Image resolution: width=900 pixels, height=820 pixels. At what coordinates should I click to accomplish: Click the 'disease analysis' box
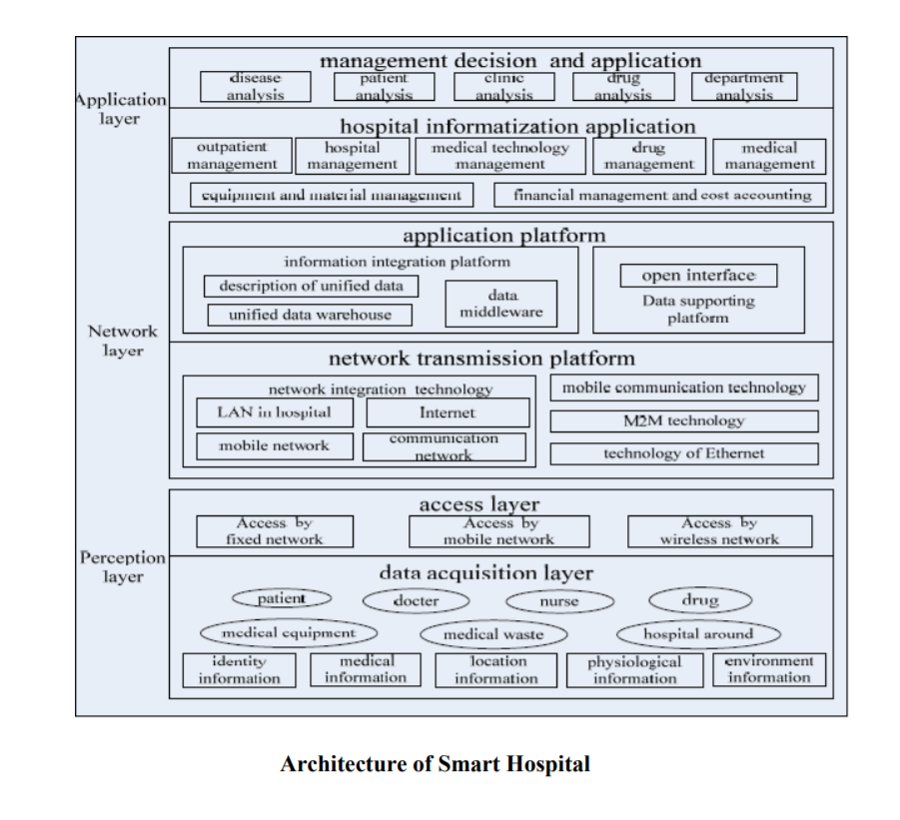point(255,87)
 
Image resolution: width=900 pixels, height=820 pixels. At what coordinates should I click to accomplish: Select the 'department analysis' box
point(744,87)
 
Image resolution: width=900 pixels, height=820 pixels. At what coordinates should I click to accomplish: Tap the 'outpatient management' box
point(232,156)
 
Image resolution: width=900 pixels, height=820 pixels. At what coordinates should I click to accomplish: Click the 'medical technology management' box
point(500,156)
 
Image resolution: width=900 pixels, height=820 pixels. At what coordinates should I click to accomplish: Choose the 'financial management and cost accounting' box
point(660,195)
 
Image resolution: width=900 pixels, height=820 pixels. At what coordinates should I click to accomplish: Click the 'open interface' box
point(697,276)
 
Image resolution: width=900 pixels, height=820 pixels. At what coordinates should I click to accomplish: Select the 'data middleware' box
point(501,304)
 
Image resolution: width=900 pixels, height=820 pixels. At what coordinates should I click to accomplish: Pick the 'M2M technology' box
point(683,420)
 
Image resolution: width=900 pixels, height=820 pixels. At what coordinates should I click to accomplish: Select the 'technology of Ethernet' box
point(683,453)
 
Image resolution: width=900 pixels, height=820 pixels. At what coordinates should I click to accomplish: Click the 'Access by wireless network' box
point(719,531)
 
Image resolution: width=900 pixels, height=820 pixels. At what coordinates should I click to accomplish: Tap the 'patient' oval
point(282,598)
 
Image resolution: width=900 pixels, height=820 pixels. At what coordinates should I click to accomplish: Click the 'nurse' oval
point(556,601)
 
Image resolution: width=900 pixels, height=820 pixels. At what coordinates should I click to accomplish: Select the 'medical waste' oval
point(493,634)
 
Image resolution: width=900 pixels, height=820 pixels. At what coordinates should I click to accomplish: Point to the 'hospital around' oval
point(697,633)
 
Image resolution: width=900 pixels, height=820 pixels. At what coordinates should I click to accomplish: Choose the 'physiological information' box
point(634,670)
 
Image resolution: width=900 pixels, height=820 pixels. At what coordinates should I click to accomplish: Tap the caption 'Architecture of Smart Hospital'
point(435,765)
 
